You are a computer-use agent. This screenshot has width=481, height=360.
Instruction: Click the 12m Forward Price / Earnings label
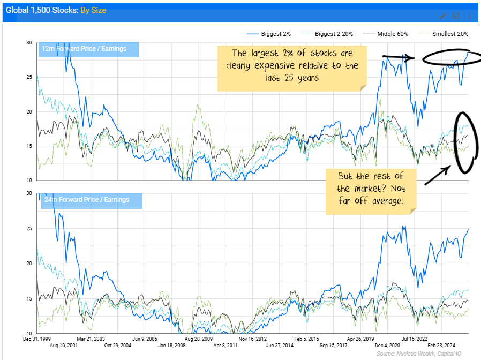84,49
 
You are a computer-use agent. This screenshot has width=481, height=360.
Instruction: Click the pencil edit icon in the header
443,16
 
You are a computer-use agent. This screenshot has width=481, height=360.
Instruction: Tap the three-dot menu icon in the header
469,16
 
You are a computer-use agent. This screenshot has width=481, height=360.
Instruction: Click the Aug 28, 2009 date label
199,339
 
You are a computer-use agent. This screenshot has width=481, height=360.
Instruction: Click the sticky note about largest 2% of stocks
292,67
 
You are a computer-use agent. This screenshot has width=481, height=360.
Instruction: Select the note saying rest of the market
371,189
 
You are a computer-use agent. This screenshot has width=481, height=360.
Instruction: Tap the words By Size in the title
93,10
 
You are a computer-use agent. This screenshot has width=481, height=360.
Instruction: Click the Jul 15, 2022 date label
415,339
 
